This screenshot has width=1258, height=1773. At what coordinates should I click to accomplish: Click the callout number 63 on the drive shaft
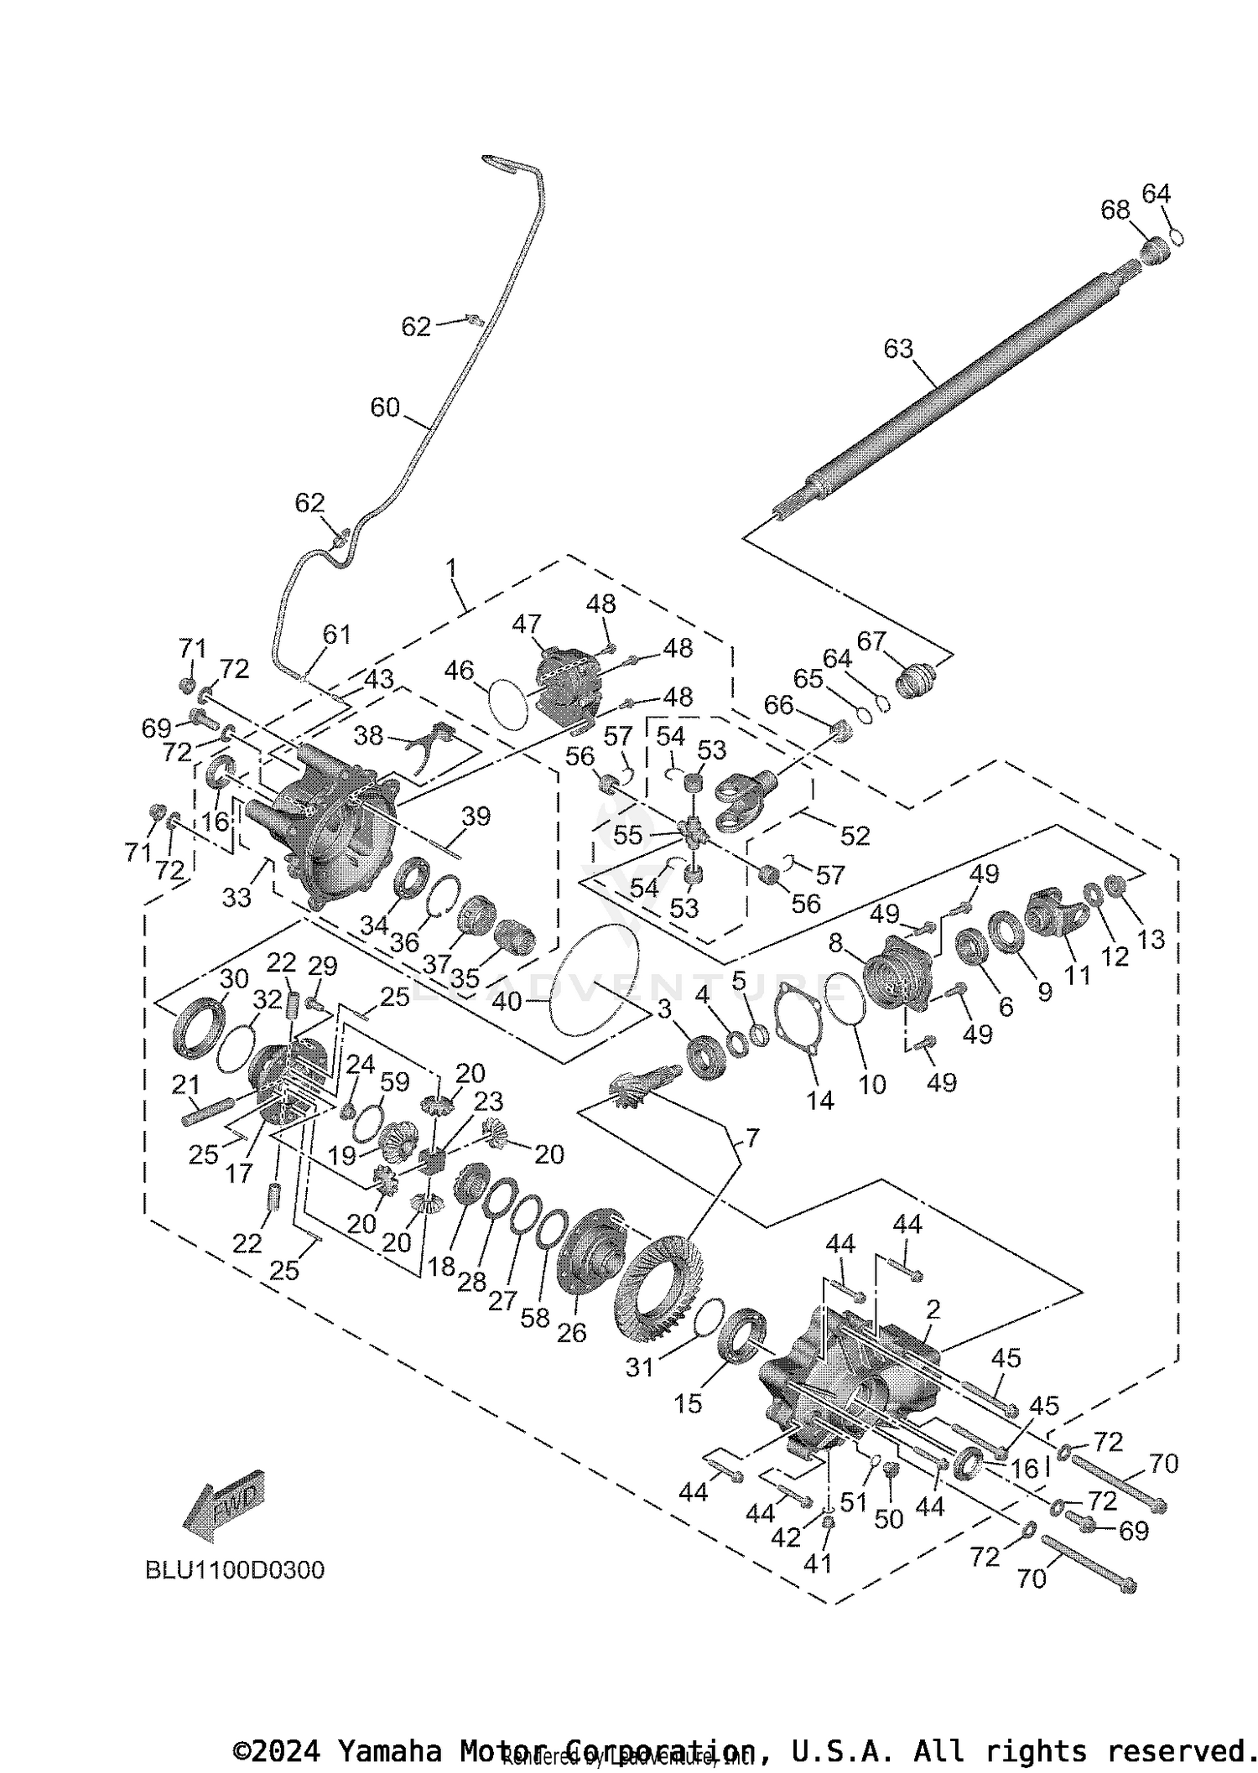click(x=898, y=348)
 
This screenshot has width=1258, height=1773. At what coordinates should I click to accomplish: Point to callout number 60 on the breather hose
click(x=385, y=407)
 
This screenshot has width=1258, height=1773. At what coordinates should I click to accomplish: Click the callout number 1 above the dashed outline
click(x=451, y=568)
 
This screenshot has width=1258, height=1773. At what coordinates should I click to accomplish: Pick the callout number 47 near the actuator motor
click(x=527, y=624)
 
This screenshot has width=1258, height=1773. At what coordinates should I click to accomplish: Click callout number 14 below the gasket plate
click(x=820, y=1100)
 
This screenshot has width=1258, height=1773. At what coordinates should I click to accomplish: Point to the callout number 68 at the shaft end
click(x=1115, y=210)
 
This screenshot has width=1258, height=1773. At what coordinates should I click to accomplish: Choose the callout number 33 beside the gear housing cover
click(x=237, y=897)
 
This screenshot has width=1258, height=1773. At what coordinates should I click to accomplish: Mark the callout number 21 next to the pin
click(x=185, y=1085)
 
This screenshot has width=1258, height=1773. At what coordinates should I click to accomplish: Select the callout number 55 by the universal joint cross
click(x=627, y=835)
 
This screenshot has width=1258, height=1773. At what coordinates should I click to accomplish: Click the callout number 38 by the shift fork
click(x=368, y=735)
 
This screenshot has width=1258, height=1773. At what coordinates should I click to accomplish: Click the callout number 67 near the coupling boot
click(x=871, y=641)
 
